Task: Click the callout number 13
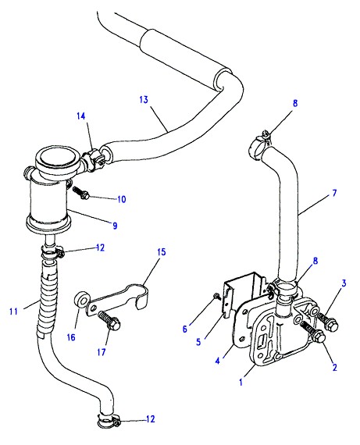tap(144, 100)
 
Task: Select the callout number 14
tap(81, 116)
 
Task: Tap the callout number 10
tap(122, 199)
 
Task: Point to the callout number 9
tap(115, 226)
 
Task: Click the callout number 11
tap(13, 311)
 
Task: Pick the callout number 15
tap(162, 251)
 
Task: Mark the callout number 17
tap(102, 352)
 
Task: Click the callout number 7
tap(334, 194)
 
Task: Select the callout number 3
tap(344, 283)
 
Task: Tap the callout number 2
tap(335, 367)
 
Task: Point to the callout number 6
tap(185, 329)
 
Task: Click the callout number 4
tap(217, 361)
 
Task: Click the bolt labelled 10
tap(81, 192)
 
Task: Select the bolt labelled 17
tap(109, 322)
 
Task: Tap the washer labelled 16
tap(80, 300)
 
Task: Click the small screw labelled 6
tap(217, 297)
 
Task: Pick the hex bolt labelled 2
tap(313, 332)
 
